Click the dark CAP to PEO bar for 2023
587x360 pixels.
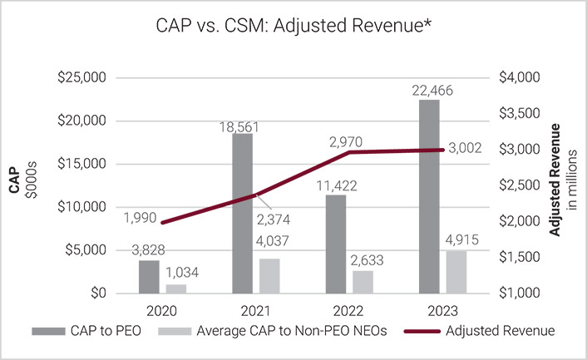coord(429,196)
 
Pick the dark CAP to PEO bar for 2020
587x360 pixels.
coord(149,277)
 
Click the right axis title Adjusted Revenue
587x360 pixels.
coord(568,174)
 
